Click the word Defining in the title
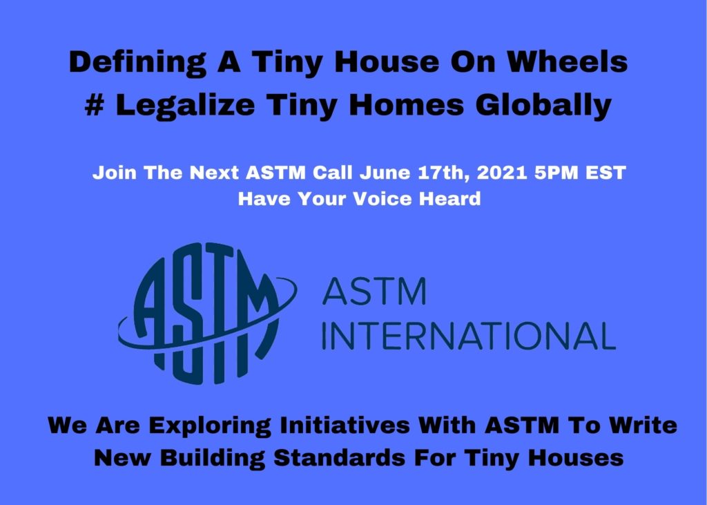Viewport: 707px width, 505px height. (137, 63)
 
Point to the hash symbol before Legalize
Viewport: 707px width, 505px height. (95, 105)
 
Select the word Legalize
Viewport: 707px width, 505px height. (185, 107)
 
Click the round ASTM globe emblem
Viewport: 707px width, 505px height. (207, 313)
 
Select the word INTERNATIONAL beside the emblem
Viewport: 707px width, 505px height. (469, 335)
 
